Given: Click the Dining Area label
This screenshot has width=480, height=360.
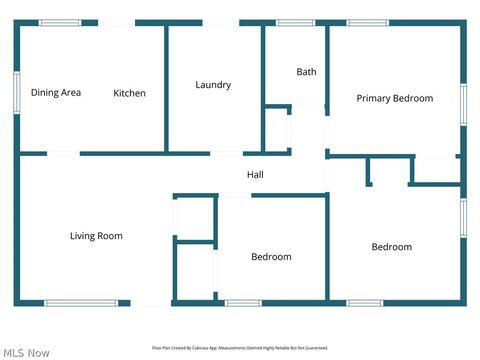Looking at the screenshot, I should (x=56, y=93).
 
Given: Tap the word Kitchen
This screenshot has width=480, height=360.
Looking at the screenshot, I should (x=129, y=93).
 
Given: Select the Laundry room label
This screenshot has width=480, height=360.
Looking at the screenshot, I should (x=213, y=85).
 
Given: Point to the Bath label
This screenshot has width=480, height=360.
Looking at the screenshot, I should (x=306, y=72).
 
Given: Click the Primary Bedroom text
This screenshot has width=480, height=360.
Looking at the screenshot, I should (x=395, y=98).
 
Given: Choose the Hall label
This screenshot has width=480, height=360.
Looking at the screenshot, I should (x=255, y=175).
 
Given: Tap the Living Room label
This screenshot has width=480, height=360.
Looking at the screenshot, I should (x=96, y=236).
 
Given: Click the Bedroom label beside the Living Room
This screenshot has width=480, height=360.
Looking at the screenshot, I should (x=271, y=257).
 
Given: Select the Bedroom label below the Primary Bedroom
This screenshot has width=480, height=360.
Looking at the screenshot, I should (x=392, y=247).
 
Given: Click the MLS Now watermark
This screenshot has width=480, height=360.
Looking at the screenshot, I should (x=26, y=352).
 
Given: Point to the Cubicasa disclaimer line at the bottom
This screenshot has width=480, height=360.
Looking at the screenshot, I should (x=240, y=348).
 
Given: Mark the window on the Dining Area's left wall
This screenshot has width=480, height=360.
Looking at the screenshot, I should (x=16, y=93).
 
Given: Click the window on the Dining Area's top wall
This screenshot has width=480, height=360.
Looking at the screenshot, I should (x=60, y=22).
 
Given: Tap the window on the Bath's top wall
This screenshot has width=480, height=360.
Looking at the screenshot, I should (x=295, y=22).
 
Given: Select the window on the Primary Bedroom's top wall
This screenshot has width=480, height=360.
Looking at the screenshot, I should (x=367, y=22).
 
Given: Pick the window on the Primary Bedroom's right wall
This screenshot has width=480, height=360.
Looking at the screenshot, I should (x=463, y=104).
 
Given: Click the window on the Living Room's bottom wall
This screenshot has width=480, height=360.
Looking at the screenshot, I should (x=80, y=303).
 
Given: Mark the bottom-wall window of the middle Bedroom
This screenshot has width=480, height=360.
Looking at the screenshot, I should (x=243, y=303).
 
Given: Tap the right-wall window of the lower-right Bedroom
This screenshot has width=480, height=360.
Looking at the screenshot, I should (x=463, y=218).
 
